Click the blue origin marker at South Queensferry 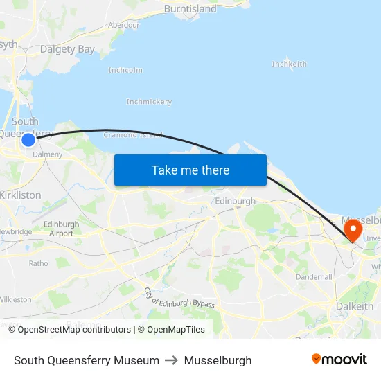(x=28, y=140)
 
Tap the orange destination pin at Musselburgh (x=353, y=229)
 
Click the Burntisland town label (x=190, y=9)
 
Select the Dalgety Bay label (x=67, y=49)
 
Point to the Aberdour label (x=123, y=25)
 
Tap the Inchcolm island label (x=125, y=70)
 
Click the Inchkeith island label (x=289, y=64)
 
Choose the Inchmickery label (x=149, y=102)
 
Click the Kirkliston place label (x=21, y=195)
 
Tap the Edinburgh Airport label (x=61, y=229)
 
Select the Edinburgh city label (x=236, y=201)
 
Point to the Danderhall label (x=314, y=276)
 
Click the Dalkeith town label (x=354, y=306)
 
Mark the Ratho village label (x=38, y=263)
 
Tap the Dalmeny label (x=48, y=154)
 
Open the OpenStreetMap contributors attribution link (x=74, y=330)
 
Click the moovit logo (x=339, y=360)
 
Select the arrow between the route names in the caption (x=172, y=360)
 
